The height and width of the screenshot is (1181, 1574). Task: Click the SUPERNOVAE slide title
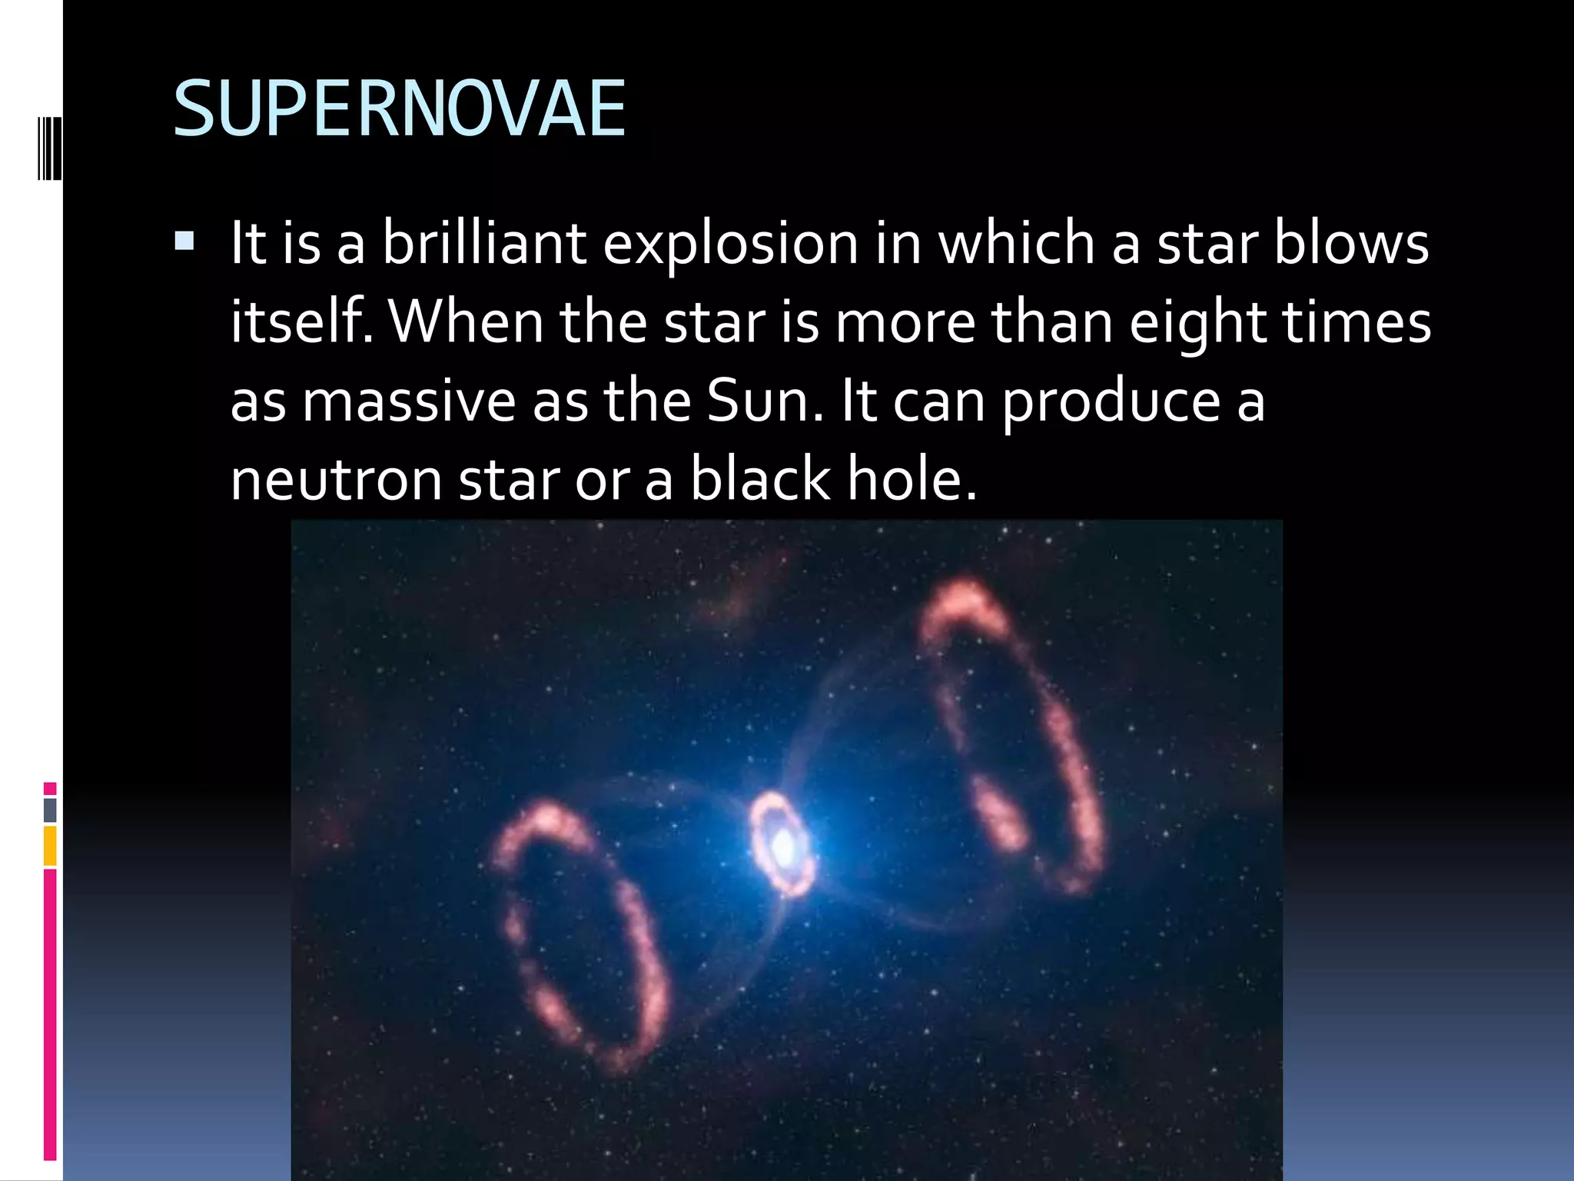coord(400,110)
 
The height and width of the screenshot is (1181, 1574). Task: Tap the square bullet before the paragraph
coord(184,243)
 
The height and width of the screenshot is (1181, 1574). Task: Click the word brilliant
coord(484,243)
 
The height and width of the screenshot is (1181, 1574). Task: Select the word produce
coord(1111,403)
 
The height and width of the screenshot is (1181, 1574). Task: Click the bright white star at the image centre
coord(783,847)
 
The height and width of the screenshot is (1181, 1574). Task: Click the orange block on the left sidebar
coord(50,846)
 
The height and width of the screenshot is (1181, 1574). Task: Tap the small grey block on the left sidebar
coord(50,810)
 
